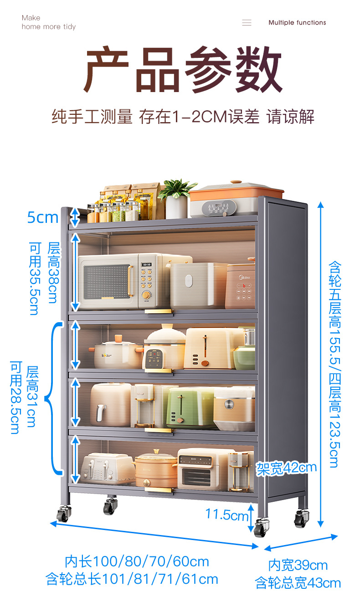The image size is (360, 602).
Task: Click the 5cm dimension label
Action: coord(43,217)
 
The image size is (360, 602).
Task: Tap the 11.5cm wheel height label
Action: coord(227,515)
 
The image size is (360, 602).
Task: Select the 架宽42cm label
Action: coord(286,468)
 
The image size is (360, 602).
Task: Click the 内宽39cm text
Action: coord(298,566)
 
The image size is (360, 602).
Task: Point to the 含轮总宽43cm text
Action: coord(298,582)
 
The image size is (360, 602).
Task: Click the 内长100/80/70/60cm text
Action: coord(136,561)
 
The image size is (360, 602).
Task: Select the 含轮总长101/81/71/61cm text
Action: coord(132,579)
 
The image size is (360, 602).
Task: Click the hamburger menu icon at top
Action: coord(247,23)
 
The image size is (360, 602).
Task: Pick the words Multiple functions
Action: coord(297,23)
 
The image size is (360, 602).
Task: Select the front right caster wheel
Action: coord(261,527)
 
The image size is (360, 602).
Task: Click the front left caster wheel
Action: coord(63,514)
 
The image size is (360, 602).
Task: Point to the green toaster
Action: coord(187,406)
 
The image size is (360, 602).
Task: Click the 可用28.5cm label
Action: coord(16,397)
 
